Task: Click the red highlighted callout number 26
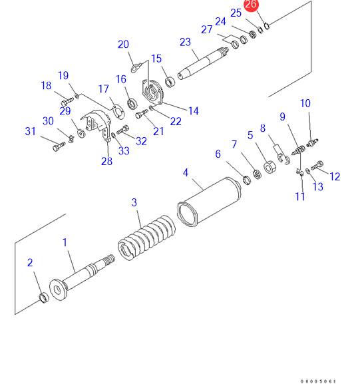(x=251, y=5)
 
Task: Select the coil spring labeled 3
(x=146, y=238)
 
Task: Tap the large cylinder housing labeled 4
(x=209, y=202)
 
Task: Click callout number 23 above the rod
(x=185, y=42)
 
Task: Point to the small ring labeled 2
(x=44, y=297)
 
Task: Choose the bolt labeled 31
(x=59, y=146)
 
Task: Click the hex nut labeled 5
(x=270, y=167)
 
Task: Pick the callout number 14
(x=194, y=111)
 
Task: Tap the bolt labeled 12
(x=317, y=165)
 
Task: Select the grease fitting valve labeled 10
(x=312, y=142)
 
